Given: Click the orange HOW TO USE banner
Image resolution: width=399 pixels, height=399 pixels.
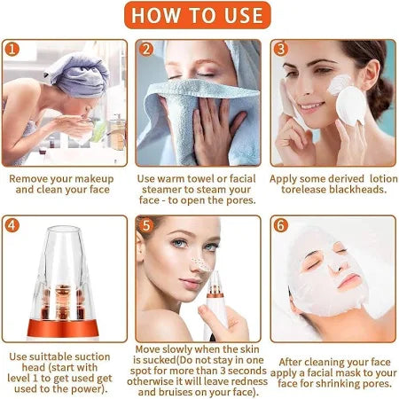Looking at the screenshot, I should [x=199, y=16].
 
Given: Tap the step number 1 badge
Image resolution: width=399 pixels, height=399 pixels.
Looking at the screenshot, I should [x=14, y=50].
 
